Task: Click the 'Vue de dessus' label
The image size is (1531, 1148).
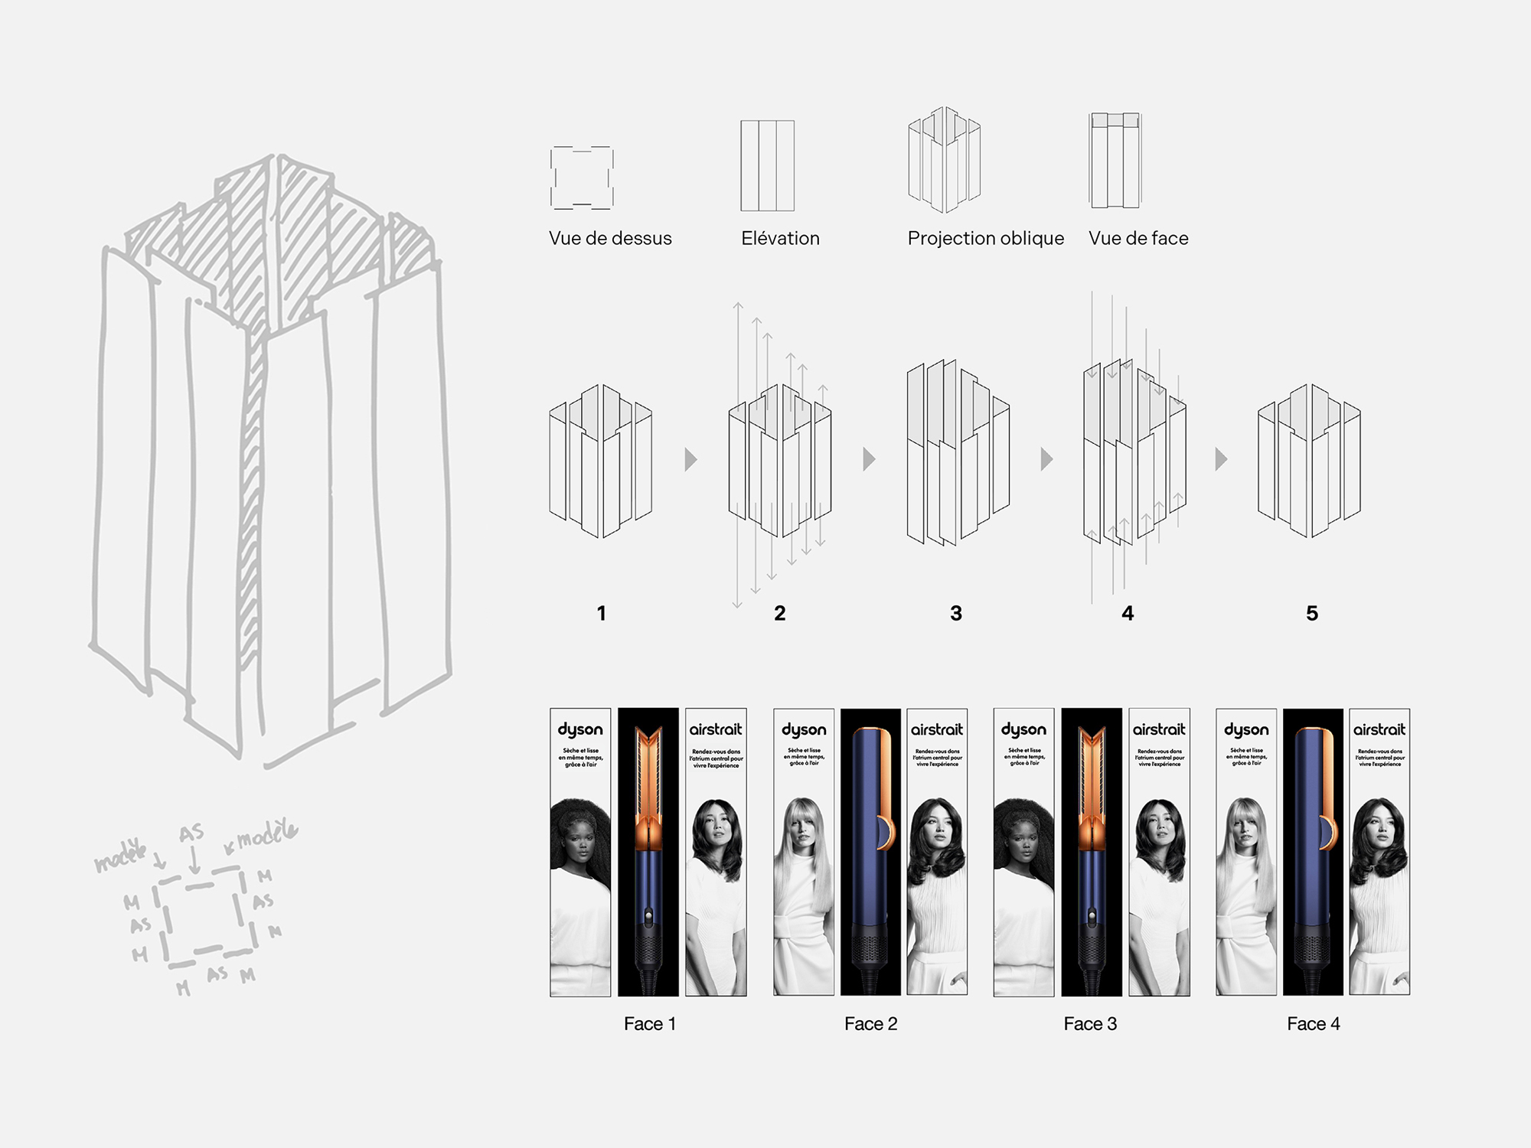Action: tap(610, 239)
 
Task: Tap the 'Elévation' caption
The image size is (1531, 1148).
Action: tap(780, 239)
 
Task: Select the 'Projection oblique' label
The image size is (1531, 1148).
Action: tap(985, 239)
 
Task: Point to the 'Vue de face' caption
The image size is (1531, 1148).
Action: tap(1138, 239)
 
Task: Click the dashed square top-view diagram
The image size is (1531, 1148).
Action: tap(582, 178)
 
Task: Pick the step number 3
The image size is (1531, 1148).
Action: tap(956, 613)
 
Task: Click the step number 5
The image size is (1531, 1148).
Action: tap(1312, 613)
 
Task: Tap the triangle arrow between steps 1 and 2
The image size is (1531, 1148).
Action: tap(690, 459)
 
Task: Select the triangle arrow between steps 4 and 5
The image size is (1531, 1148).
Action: tap(1221, 459)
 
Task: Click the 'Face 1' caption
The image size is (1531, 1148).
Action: tap(649, 1024)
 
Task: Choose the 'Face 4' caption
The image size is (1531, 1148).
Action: tap(1313, 1024)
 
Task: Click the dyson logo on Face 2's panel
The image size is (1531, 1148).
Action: tap(804, 730)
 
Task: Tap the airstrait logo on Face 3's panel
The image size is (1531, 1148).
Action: tap(1159, 730)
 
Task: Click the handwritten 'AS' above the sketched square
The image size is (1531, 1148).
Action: tap(191, 833)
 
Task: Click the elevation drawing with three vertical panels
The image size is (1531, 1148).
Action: tap(767, 165)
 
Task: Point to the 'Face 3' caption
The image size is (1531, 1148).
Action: tap(1090, 1024)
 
